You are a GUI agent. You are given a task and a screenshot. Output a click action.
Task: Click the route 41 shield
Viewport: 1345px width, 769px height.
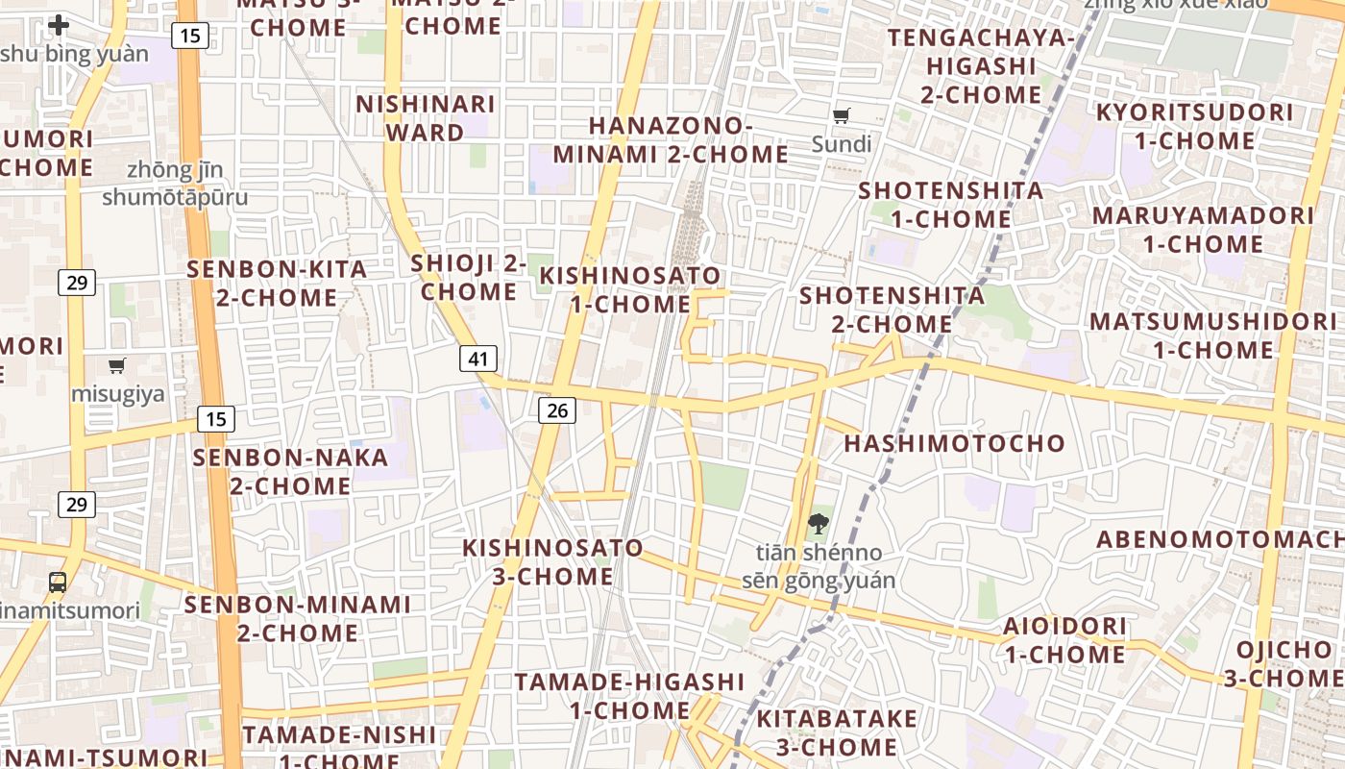[x=478, y=360]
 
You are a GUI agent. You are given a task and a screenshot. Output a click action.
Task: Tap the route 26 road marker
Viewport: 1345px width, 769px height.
[x=556, y=410]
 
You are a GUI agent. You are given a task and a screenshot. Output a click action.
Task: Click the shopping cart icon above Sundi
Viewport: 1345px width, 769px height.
[x=842, y=116]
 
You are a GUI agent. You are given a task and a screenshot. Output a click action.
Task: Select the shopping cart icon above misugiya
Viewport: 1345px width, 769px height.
[x=117, y=365]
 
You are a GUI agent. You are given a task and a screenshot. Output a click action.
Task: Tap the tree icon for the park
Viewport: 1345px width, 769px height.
[x=818, y=524]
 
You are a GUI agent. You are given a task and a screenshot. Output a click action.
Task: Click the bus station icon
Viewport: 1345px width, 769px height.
[x=58, y=582]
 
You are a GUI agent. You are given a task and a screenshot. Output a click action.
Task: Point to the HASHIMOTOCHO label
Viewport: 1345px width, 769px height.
[x=954, y=443]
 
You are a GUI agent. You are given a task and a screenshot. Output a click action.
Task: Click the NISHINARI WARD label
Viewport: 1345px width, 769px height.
[x=426, y=118]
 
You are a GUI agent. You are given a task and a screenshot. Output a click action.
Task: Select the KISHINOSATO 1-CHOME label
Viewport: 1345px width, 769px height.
[x=630, y=289]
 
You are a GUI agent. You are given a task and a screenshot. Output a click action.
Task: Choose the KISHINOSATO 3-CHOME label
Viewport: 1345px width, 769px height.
[x=553, y=562]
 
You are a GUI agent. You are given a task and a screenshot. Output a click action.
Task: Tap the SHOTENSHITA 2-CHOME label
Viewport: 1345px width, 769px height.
[x=892, y=310]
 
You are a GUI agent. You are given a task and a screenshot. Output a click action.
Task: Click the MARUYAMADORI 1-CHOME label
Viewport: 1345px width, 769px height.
[x=1202, y=230]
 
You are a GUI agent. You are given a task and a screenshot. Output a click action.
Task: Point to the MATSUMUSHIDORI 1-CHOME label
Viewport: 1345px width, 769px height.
[x=1213, y=335]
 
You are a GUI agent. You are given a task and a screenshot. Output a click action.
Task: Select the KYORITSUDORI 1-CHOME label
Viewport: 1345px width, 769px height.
[x=1195, y=126]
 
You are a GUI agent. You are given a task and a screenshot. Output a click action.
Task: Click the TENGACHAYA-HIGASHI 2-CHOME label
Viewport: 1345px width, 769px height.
[x=981, y=66]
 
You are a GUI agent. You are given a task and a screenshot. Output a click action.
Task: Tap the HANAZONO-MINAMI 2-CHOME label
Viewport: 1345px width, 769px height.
[x=671, y=140]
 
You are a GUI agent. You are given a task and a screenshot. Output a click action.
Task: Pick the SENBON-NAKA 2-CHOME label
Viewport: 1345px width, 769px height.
[x=290, y=471]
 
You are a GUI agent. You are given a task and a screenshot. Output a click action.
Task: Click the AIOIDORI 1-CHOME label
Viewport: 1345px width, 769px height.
[x=1065, y=640]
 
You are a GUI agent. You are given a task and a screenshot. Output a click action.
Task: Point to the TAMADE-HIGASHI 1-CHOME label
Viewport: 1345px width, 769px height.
[x=629, y=696]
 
